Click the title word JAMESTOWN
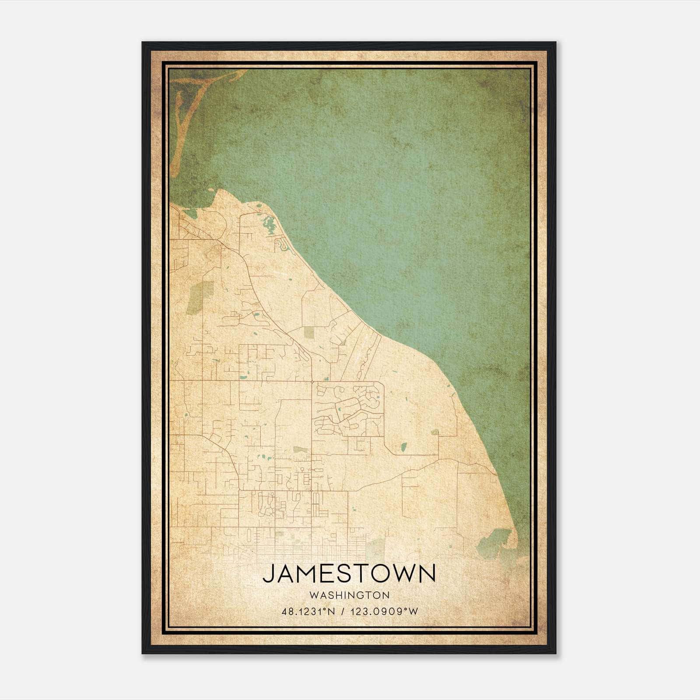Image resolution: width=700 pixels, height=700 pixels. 349,574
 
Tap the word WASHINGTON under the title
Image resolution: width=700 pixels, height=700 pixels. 349,595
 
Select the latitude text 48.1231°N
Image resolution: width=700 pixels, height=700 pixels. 308,612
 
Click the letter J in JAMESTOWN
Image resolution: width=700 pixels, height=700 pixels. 268,574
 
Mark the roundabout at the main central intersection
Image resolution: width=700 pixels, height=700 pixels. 311,382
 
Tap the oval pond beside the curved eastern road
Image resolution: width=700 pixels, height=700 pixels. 403,447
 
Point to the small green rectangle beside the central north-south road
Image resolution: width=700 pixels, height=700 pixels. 301,450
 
